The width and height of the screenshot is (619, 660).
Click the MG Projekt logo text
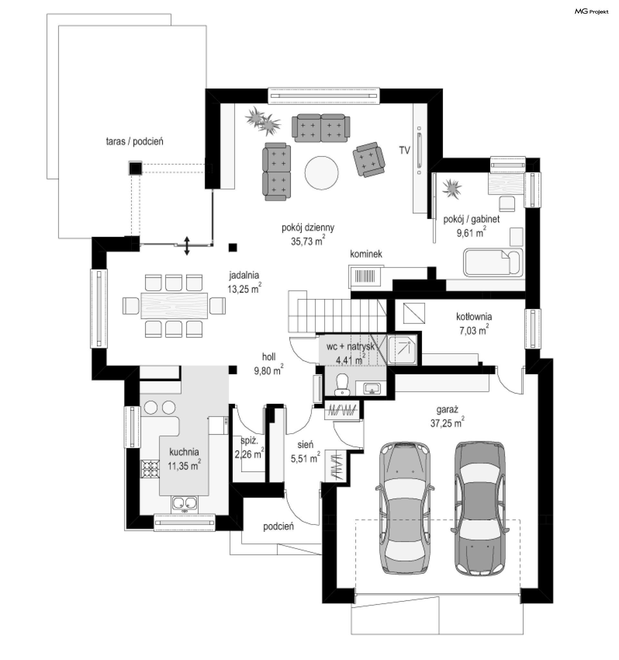point(592,12)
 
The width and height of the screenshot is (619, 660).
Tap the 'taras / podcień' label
point(134,141)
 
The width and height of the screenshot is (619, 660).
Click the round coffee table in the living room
point(321,173)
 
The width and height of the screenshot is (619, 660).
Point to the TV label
point(404,150)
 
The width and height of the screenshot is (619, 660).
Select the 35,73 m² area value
point(308,240)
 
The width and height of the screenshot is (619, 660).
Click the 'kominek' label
point(366,254)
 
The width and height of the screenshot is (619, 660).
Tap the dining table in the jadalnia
point(174,305)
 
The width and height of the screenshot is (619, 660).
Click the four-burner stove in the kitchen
point(150,468)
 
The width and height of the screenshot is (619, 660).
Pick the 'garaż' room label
point(447,409)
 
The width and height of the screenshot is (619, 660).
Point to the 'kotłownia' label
point(474,317)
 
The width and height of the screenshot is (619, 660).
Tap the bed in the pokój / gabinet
point(493,262)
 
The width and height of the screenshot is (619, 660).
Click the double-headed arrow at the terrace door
point(187,246)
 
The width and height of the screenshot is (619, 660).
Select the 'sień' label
point(305,444)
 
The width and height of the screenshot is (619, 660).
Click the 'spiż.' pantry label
point(249,441)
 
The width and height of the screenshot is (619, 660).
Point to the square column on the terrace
point(135,168)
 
